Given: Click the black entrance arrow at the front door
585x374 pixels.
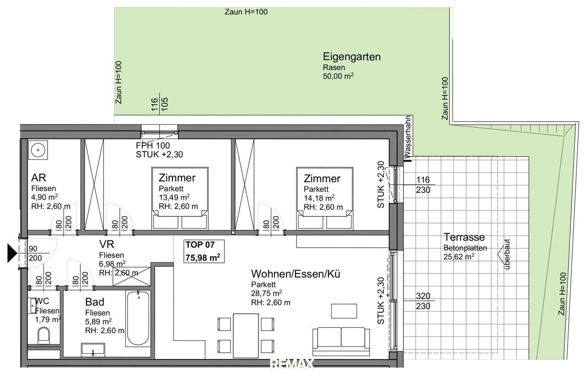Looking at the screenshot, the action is tap(12, 253).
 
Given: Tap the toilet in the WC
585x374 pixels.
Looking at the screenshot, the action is tap(43, 336).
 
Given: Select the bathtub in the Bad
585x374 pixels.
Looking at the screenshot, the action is tap(138, 318).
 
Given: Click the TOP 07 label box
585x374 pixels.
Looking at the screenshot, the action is tap(204, 251).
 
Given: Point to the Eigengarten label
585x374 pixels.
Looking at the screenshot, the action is tap(352, 57).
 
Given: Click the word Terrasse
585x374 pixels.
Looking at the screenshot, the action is tap(464, 237).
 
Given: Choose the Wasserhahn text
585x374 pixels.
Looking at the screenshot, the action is tap(408, 137).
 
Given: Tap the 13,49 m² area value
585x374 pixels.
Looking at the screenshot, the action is tap(174, 197).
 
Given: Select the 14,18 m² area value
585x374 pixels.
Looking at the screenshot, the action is tap(319, 198).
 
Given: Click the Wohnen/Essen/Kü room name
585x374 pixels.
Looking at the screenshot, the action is tap(296, 274).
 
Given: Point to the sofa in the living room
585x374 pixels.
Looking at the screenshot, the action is tap(341, 342).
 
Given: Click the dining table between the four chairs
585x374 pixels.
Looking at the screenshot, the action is tap(246, 336).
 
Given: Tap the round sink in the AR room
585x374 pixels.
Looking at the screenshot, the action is tap(38, 150).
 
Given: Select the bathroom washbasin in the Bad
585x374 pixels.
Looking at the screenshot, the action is tap(93, 350).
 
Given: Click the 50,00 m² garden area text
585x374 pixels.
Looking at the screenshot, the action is tap(339, 76).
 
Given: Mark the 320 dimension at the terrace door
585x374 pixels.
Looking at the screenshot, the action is tap(423, 296).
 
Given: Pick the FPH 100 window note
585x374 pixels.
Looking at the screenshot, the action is tap(153, 145).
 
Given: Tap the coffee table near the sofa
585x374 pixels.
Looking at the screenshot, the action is tap(344, 311).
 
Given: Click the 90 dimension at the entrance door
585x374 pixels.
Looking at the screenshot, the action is tap(33, 249).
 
